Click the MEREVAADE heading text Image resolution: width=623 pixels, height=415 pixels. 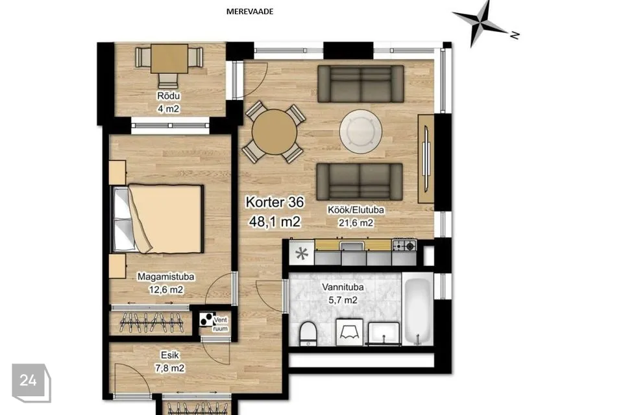tap(249, 12)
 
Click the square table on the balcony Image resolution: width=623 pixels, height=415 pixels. tap(169, 59)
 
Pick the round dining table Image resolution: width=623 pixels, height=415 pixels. tap(275, 132)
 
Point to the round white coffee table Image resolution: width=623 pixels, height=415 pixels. tap(361, 131)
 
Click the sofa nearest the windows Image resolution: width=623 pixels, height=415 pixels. tap(361, 84)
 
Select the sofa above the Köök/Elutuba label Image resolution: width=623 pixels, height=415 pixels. tap(360, 181)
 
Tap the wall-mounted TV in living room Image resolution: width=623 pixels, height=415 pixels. tap(426, 158)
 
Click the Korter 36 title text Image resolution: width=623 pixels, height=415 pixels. tap(275, 202)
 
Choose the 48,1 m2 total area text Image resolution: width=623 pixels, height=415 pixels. tap(275, 222)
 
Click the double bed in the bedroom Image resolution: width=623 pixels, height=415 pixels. tap(158, 219)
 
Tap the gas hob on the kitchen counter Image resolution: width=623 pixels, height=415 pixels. tap(404, 245)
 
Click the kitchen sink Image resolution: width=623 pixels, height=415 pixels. tap(352, 246)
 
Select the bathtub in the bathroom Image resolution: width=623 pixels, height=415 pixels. tap(417, 312)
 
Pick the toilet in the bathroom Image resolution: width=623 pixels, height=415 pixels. tap(308, 333)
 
